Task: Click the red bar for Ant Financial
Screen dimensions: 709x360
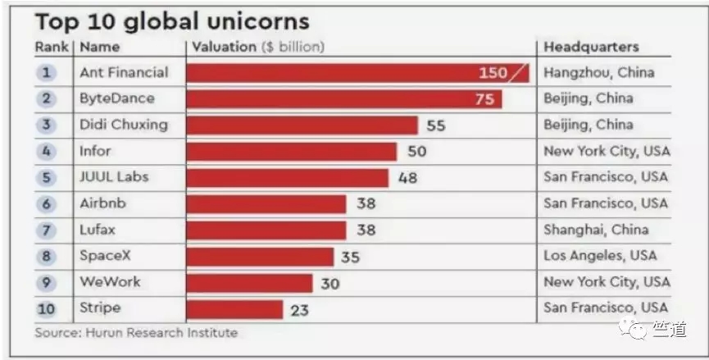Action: click(x=357, y=73)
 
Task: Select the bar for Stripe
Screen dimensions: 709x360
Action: click(x=234, y=310)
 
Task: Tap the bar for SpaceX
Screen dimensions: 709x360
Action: click(x=260, y=257)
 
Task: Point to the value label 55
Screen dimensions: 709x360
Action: click(x=436, y=125)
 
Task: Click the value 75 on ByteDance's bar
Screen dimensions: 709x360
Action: click(x=484, y=99)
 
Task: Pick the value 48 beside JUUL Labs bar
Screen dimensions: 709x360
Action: click(x=407, y=178)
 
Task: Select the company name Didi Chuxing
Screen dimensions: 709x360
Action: click(x=124, y=125)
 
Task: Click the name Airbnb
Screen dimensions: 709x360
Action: click(x=102, y=203)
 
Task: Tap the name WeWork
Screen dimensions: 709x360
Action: click(x=110, y=282)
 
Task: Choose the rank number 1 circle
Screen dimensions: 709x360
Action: click(x=47, y=73)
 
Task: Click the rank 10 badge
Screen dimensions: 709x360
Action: click(x=46, y=309)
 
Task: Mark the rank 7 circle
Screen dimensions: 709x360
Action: click(x=47, y=230)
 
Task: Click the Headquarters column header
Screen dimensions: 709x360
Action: click(x=591, y=47)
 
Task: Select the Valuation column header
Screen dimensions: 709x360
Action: click(x=258, y=47)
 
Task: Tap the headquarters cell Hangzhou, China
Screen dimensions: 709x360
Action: click(x=598, y=73)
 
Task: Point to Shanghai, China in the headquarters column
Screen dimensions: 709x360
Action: click(x=596, y=230)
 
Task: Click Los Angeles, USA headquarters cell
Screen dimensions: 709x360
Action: click(x=600, y=256)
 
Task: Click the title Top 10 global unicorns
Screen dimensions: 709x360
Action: click(x=172, y=21)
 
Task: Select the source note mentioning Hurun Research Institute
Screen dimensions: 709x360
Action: click(x=136, y=333)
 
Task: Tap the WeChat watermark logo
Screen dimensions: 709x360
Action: click(x=633, y=329)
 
